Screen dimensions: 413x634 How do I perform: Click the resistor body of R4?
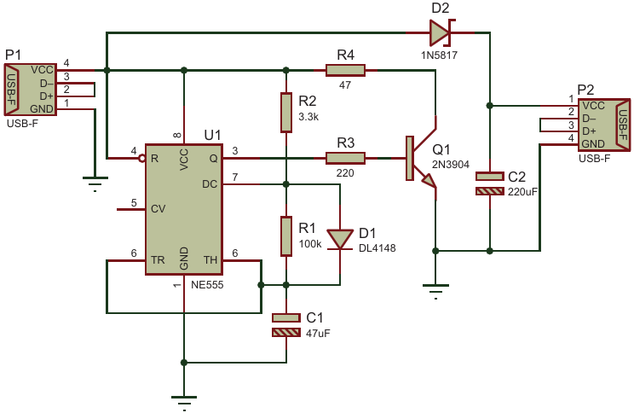coord(345,70)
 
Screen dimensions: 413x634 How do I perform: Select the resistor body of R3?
coord(345,157)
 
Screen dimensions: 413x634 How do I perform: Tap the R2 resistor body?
coord(286,113)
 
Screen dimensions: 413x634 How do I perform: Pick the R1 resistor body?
coord(286,236)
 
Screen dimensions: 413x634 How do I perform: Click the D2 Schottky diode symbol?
coord(440,33)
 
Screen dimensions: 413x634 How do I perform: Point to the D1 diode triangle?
coord(340,238)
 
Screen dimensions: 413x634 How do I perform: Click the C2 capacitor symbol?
coord(490,183)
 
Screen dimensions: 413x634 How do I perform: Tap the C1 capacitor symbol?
coord(286,325)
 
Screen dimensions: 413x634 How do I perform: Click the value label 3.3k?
coord(308,116)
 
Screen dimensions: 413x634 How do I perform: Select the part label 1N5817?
coord(440,55)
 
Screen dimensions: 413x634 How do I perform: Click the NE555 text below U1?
coord(209,285)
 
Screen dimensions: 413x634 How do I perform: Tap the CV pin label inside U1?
coord(158,207)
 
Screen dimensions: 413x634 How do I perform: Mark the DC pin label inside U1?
coord(210,183)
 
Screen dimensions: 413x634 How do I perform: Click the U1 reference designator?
coord(212,135)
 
